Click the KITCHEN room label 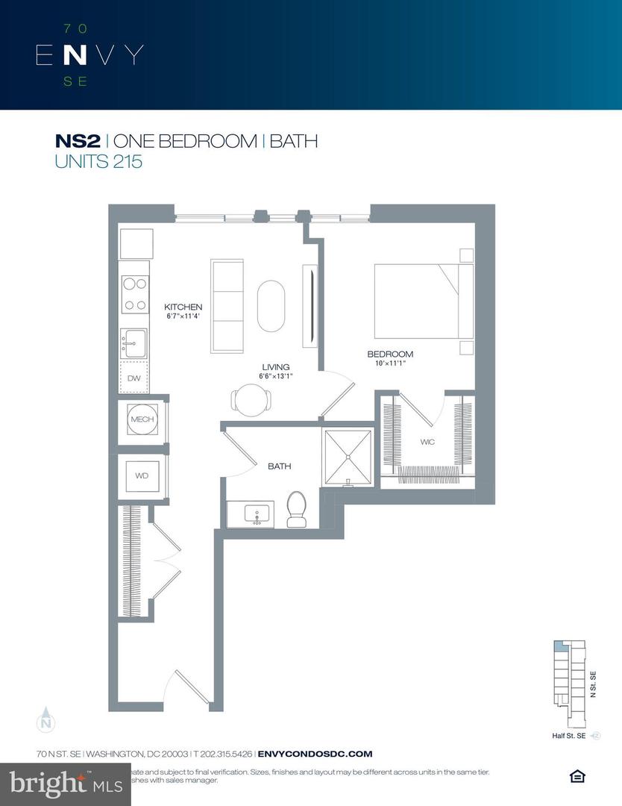tap(183, 307)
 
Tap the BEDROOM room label tap(389, 354)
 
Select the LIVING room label tap(275, 366)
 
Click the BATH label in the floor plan tap(279, 466)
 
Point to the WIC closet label tap(427, 443)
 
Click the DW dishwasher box tap(134, 378)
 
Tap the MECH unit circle tap(142, 419)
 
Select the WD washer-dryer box tap(142, 475)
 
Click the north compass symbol tap(46, 720)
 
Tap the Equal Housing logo tap(577, 777)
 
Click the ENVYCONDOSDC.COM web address tap(314, 755)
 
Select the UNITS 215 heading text tap(98, 160)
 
